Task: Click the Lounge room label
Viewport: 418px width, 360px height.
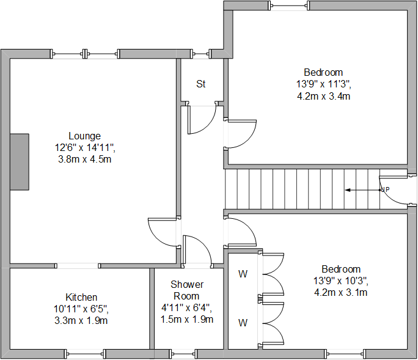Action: tap(84, 136)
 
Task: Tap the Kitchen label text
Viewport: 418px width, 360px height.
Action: tap(81, 297)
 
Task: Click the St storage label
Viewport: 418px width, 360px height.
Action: tap(200, 84)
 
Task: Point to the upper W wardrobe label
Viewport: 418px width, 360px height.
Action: tap(243, 274)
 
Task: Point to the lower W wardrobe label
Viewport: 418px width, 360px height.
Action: tap(243, 322)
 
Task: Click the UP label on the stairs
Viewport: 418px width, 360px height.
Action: tap(385, 190)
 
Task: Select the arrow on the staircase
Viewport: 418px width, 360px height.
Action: tap(361, 190)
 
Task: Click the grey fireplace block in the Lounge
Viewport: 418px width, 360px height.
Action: tap(20, 162)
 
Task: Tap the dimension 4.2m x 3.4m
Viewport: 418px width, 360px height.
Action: tap(323, 96)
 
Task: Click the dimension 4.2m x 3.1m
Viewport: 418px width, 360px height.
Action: tap(341, 292)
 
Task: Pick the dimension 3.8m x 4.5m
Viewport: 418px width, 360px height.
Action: tap(84, 159)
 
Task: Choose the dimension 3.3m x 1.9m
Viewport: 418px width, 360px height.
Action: tap(81, 320)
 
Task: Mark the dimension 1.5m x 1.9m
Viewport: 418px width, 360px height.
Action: tap(187, 320)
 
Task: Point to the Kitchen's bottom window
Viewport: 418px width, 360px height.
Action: tap(85, 353)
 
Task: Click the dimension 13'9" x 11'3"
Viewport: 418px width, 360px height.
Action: tap(323, 84)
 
